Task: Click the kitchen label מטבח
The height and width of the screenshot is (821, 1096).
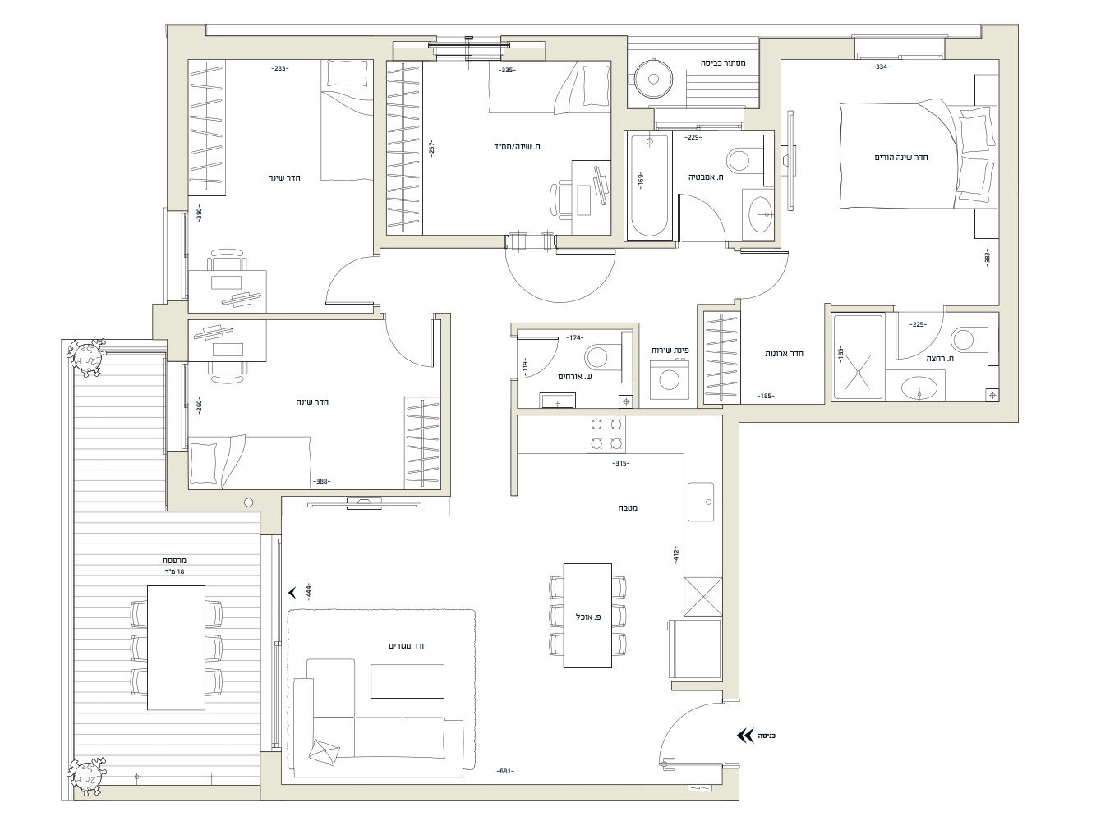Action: pos(627,508)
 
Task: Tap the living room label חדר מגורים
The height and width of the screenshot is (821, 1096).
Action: pos(408,646)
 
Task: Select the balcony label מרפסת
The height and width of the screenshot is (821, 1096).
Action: pos(174,561)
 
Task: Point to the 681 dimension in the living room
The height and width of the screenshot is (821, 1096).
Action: pos(504,771)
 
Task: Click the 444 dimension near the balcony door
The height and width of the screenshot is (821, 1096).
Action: pos(309,591)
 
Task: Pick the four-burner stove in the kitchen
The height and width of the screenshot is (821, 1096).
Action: pos(606,434)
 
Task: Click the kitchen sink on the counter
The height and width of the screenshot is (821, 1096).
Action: pos(701,502)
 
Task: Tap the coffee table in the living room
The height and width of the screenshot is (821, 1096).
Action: pos(407,681)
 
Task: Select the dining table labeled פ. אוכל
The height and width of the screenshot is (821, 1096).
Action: pos(587,615)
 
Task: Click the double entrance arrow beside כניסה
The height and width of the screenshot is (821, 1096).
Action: pos(745,736)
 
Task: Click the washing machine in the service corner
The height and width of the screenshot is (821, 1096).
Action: pos(669,380)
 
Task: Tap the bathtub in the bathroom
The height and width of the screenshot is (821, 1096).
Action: pos(648,185)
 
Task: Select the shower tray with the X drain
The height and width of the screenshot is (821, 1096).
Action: pos(858,356)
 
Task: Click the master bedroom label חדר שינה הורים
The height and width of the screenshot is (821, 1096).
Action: pos(901,157)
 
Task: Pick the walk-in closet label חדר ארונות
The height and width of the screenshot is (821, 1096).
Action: pos(784,354)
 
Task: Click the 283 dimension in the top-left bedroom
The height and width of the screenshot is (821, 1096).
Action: pos(279,68)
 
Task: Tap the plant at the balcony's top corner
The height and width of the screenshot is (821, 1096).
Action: pos(87,357)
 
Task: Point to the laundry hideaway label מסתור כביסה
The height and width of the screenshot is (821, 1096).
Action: pos(723,63)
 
